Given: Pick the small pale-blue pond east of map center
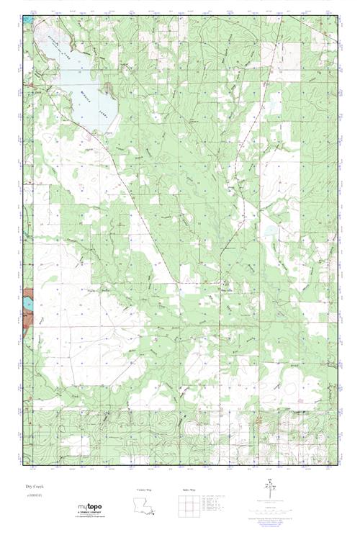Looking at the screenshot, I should coord(270,231).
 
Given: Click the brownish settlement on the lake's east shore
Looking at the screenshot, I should coord(109,89).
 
